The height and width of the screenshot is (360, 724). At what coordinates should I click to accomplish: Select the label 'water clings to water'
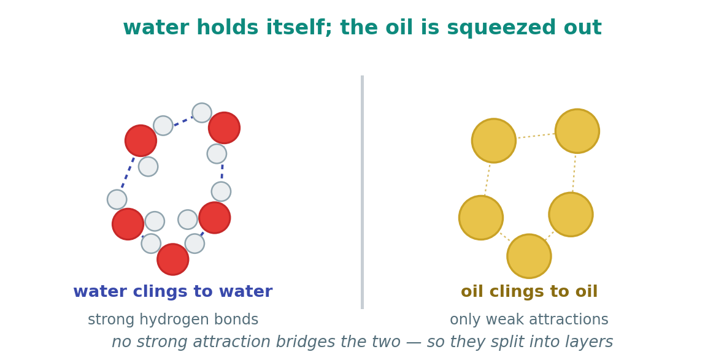(172, 292)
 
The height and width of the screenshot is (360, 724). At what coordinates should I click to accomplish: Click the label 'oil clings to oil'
(529, 292)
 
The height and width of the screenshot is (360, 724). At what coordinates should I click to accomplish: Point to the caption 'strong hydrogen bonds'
(173, 320)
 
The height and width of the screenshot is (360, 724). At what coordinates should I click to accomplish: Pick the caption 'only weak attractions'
(529, 320)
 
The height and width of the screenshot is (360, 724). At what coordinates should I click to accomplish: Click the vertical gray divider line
(363, 192)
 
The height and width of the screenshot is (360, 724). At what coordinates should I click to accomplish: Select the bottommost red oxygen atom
(172, 259)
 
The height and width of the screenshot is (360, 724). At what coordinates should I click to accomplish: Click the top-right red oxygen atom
(224, 128)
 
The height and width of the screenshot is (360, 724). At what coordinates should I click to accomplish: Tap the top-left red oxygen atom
(141, 141)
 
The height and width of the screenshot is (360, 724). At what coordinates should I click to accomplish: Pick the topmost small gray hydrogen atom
(202, 113)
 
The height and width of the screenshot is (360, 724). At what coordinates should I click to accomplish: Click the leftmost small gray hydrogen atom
(117, 199)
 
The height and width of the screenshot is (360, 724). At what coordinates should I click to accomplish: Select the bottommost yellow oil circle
(529, 256)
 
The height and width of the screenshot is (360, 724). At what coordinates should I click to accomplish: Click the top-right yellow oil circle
(577, 131)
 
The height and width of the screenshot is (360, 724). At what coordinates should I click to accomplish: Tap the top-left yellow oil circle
(493, 141)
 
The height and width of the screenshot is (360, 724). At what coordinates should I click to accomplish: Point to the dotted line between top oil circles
(536, 136)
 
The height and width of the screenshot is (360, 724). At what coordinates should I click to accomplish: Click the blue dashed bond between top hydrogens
(183, 121)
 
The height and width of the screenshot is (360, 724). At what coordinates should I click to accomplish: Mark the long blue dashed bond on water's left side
(128, 172)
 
